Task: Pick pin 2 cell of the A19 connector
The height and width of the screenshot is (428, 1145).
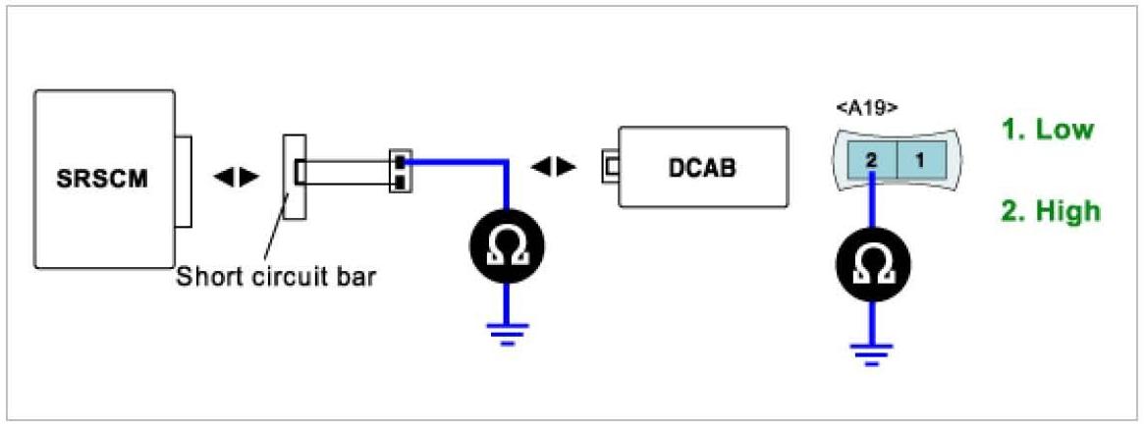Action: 871,158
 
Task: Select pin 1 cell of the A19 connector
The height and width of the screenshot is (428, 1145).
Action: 920,158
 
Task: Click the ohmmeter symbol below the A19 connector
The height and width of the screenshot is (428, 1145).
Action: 872,262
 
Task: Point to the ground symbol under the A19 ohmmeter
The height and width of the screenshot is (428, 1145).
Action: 872,350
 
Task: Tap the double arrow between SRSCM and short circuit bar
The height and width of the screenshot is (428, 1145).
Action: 237,178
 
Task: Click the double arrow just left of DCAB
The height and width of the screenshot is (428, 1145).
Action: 553,167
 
